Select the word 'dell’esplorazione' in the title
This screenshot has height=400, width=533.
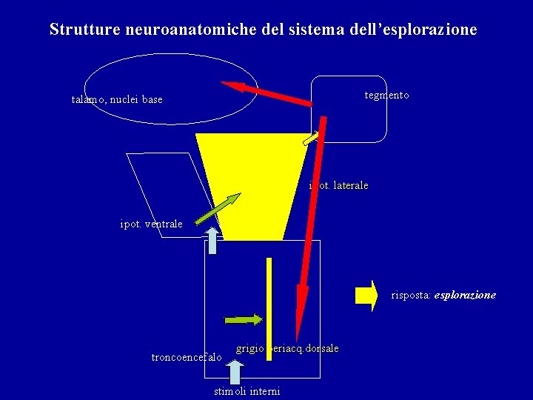(x=412, y=30)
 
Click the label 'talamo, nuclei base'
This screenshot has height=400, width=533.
(x=117, y=99)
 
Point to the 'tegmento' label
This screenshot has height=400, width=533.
(x=386, y=96)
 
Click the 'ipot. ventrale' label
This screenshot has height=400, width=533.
(x=151, y=224)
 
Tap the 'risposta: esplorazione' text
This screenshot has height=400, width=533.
(x=443, y=295)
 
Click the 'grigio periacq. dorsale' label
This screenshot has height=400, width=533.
(x=287, y=348)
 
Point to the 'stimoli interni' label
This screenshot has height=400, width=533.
(x=247, y=391)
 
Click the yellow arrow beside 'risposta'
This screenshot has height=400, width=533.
(x=366, y=294)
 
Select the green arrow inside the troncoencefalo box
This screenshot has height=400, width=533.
(x=244, y=320)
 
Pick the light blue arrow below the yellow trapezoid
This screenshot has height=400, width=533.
(x=212, y=241)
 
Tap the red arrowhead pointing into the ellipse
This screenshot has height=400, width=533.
(x=232, y=86)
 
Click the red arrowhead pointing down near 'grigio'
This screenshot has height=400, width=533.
(x=299, y=311)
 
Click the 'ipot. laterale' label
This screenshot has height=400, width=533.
(x=338, y=185)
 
